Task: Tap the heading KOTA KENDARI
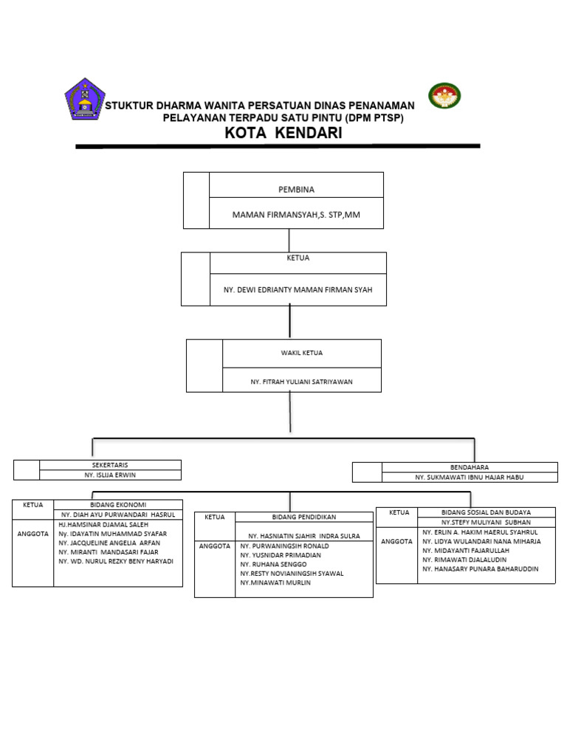coord(283,133)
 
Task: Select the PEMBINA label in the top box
coord(296,189)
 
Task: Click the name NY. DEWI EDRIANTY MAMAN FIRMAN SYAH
coord(298,290)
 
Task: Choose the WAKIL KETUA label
coord(301,354)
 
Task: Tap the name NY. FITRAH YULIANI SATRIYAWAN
coord(301,382)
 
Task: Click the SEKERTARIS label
coord(110,465)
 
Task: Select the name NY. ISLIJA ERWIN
coord(111,475)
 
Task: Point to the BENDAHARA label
coord(470,467)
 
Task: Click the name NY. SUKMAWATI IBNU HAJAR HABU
coord(469,478)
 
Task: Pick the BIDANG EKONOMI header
coord(118,504)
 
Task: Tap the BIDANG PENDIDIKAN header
coord(304,517)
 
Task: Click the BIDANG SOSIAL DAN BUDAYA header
coord(486,512)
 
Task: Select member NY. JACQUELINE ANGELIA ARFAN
coord(109,543)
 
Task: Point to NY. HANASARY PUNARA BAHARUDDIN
coord(480,569)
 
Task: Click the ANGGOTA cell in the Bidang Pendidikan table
coord(214,546)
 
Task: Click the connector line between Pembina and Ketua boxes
coord(289,240)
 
